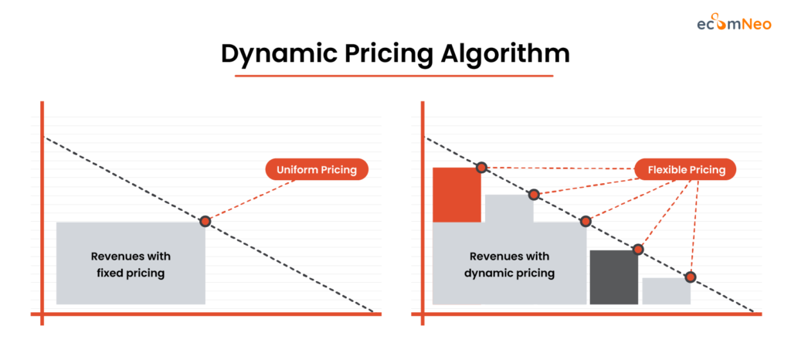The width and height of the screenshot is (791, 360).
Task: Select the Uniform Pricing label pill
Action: click(317, 169)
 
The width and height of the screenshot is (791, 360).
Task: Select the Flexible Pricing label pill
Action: click(685, 169)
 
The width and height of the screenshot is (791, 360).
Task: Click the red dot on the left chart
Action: click(205, 221)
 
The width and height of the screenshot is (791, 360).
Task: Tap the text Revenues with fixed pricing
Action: click(130, 264)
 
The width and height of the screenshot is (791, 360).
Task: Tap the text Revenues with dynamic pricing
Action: click(509, 264)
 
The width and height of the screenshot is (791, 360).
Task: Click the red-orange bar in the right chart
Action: click(457, 195)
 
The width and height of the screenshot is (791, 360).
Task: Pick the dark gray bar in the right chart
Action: click(613, 277)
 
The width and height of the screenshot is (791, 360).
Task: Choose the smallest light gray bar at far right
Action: click(665, 290)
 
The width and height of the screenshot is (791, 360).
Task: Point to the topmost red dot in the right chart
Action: click(481, 167)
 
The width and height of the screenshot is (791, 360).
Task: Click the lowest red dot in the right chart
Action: click(690, 277)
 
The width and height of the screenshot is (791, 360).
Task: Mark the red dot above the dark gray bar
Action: click(638, 249)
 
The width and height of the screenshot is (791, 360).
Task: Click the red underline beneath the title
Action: click(395, 76)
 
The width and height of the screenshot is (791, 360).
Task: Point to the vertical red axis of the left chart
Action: click(42, 209)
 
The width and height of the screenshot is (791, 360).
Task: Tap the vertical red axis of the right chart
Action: click(423, 209)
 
